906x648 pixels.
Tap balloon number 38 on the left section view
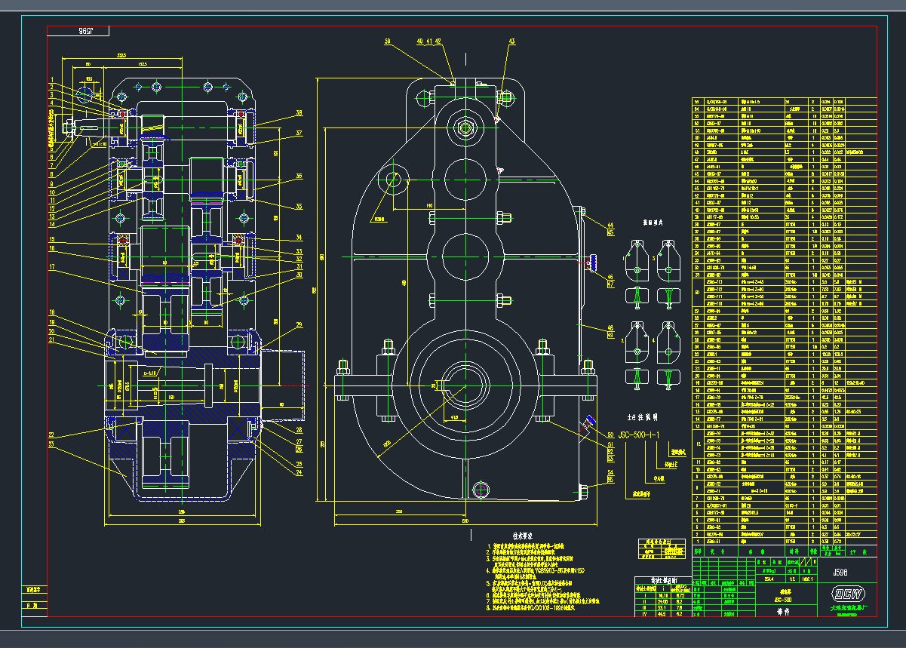pos(299,113)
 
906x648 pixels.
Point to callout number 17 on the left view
pos(52,267)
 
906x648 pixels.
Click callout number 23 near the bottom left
pos(52,445)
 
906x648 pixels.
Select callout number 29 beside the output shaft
pos(299,325)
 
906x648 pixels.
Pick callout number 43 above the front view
pos(512,41)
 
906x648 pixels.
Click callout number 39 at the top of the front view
pos(388,41)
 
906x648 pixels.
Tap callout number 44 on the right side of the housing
pos(610,225)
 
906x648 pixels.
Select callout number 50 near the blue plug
pos(610,435)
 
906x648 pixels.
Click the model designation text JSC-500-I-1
pos(639,435)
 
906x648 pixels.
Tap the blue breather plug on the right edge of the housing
pos(592,262)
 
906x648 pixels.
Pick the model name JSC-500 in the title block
pos(787,599)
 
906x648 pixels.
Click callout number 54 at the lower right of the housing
pos(610,472)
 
